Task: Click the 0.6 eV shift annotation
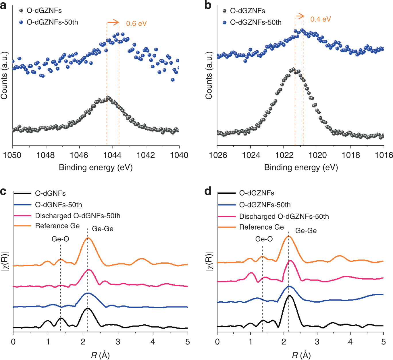(x=136, y=24)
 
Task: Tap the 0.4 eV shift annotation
(x=321, y=19)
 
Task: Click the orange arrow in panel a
(x=113, y=22)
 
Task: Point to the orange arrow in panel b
(x=300, y=16)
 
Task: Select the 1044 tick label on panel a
(x=112, y=155)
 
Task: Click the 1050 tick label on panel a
(x=12, y=155)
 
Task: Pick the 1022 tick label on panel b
(x=284, y=155)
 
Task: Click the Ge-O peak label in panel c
(x=60, y=239)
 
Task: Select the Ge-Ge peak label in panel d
(x=306, y=231)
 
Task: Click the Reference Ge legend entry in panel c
(x=57, y=226)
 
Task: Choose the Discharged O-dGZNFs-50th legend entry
(x=284, y=216)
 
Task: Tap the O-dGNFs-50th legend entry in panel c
(x=58, y=205)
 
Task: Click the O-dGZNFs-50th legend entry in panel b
(x=256, y=22)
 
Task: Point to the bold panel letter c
(x=3, y=191)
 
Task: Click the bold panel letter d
(x=208, y=191)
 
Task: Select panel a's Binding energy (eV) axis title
(x=96, y=168)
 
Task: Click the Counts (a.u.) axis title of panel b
(x=209, y=76)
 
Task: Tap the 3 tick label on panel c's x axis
(x=118, y=342)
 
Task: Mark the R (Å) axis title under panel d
(x=301, y=355)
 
